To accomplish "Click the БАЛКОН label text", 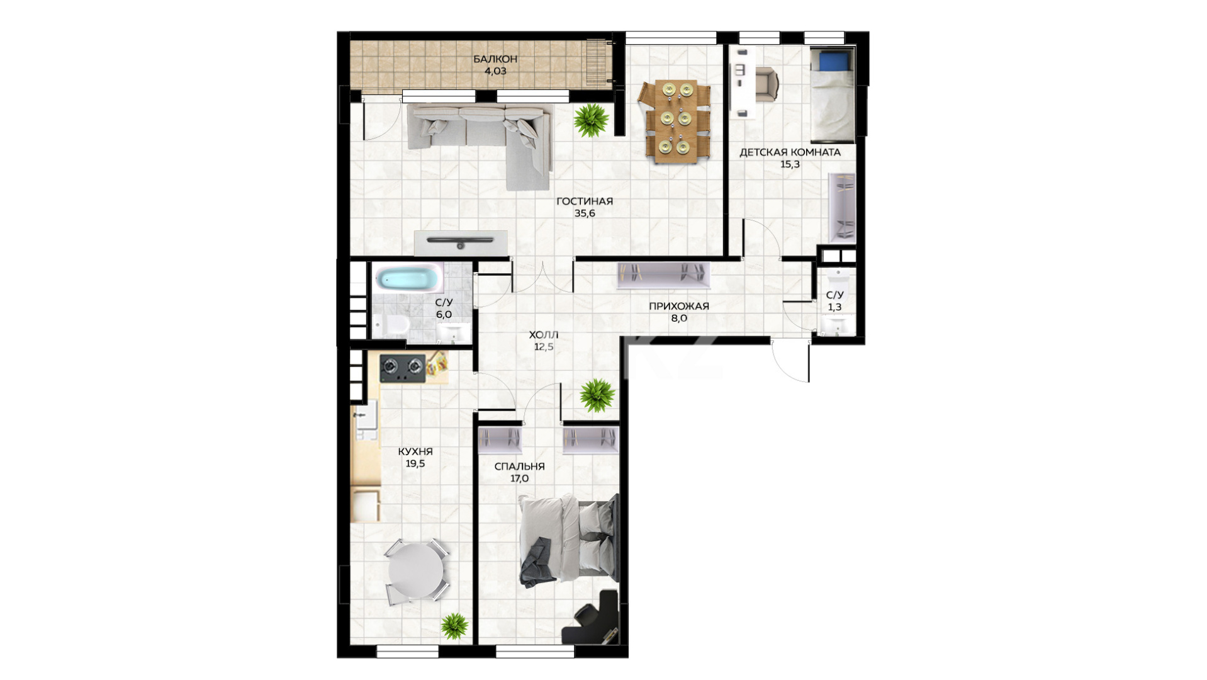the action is (x=495, y=59).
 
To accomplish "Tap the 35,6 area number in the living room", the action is (x=585, y=213).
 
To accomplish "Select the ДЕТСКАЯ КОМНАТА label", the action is (x=790, y=152).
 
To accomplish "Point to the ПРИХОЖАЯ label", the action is (x=678, y=307).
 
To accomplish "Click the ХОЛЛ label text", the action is (x=544, y=335).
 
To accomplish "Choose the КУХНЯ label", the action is (x=415, y=451).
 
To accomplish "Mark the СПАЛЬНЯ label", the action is (x=520, y=467).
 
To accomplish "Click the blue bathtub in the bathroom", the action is (x=408, y=278).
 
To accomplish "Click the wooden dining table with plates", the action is (x=675, y=121).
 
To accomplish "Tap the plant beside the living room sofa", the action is (x=591, y=120).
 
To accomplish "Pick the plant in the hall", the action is (x=597, y=395).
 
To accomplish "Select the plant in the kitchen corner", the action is (x=454, y=626).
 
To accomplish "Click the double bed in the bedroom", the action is (x=568, y=540).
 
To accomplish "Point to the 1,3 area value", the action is (x=834, y=308).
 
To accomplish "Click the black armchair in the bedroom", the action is (x=592, y=618).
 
